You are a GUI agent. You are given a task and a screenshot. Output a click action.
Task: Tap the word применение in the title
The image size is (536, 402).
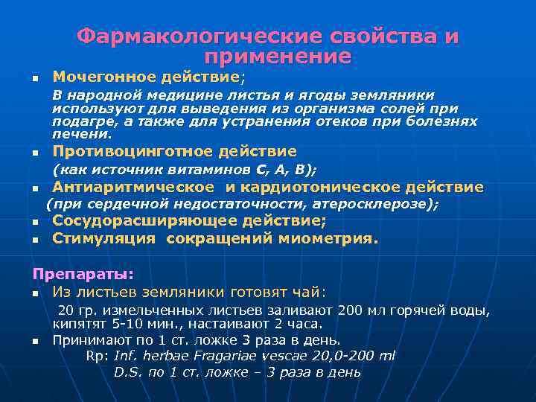[x=277, y=56]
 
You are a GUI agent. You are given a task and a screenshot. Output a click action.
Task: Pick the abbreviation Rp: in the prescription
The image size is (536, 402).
[x=97, y=356]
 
